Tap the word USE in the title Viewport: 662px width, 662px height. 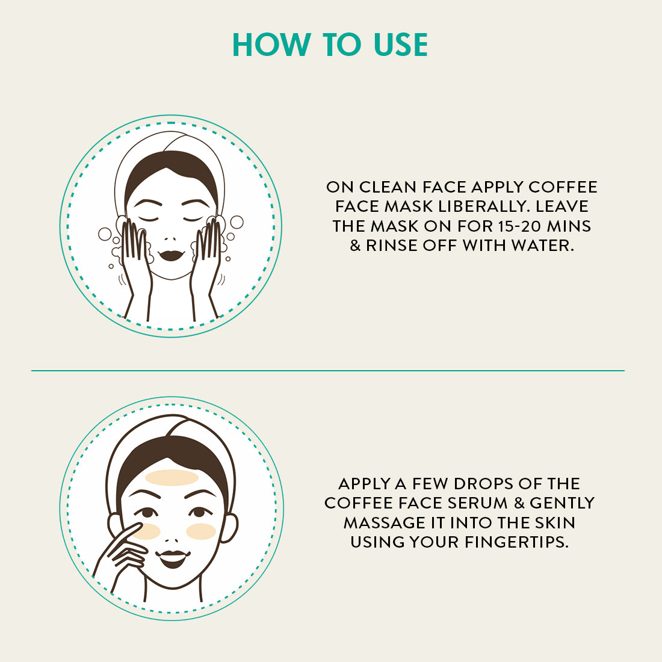(x=401, y=45)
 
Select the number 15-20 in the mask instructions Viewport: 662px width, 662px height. (x=519, y=226)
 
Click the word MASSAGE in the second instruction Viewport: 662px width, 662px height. (x=384, y=523)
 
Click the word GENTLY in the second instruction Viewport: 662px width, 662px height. (x=562, y=503)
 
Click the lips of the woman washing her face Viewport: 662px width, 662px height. (x=172, y=255)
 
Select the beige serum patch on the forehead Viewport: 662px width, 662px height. (x=172, y=478)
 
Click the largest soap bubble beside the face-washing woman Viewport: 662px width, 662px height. (x=237, y=222)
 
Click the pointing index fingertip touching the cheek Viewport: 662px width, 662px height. (x=138, y=526)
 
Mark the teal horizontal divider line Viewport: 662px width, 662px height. (x=327, y=371)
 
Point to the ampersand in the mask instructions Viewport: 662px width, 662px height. (x=355, y=246)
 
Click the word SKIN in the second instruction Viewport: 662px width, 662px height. (x=555, y=523)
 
